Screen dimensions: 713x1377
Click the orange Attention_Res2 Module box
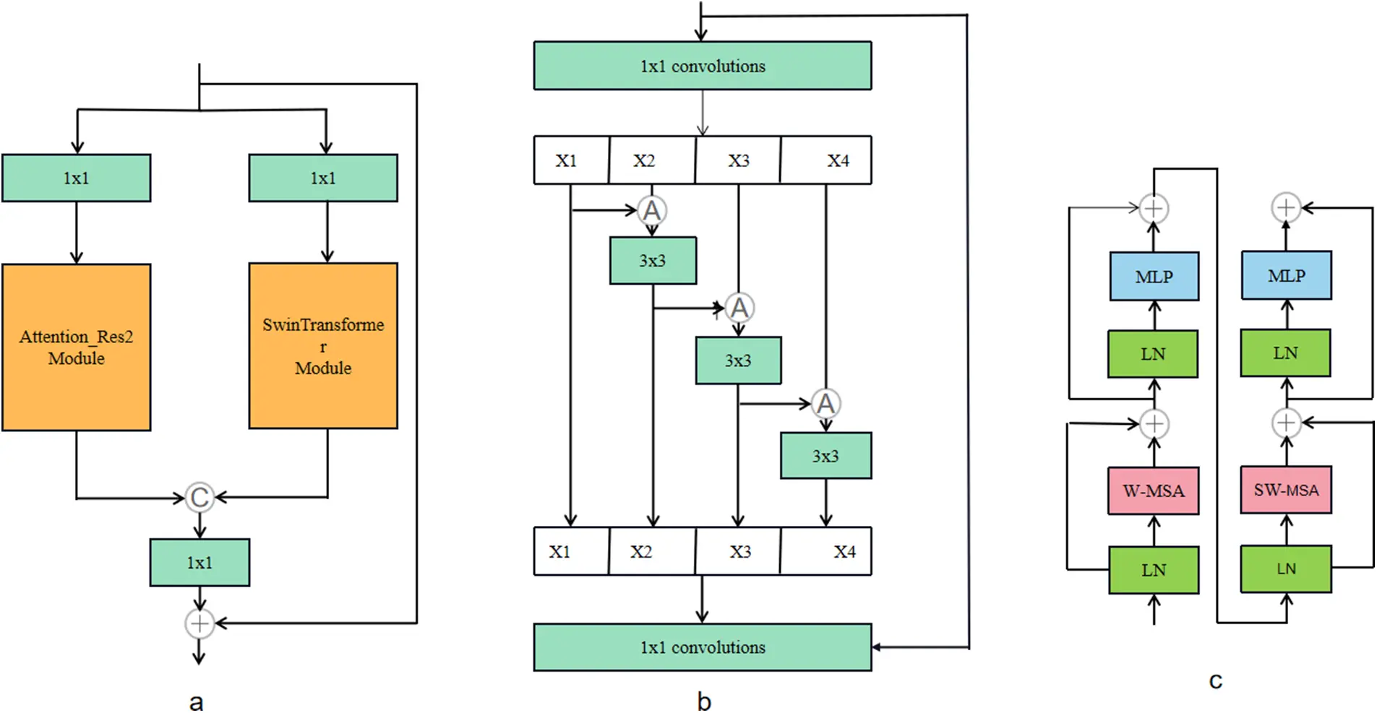[76, 347]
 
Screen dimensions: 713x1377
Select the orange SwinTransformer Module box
[323, 345]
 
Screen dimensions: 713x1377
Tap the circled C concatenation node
[200, 497]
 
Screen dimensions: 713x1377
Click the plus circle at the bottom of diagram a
[200, 623]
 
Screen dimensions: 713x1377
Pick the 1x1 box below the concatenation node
[200, 562]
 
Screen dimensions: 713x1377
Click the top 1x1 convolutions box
[702, 66]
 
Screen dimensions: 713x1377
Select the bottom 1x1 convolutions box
[702, 647]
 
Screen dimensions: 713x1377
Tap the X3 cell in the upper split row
[738, 160]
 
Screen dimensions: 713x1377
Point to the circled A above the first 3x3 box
[651, 211]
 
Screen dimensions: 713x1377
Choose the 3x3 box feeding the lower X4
[825, 456]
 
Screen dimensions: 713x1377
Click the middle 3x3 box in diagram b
[738, 360]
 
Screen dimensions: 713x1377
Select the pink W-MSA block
[1153, 491]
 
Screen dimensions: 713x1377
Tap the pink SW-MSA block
[1286, 490]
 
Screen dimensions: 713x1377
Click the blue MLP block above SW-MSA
[1286, 275]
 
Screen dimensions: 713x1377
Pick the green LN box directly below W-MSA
[1153, 570]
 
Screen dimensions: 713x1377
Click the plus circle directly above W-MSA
[1154, 423]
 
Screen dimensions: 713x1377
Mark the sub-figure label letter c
[1215, 680]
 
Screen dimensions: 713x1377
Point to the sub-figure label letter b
[703, 701]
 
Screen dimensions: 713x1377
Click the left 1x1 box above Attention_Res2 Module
[76, 178]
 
